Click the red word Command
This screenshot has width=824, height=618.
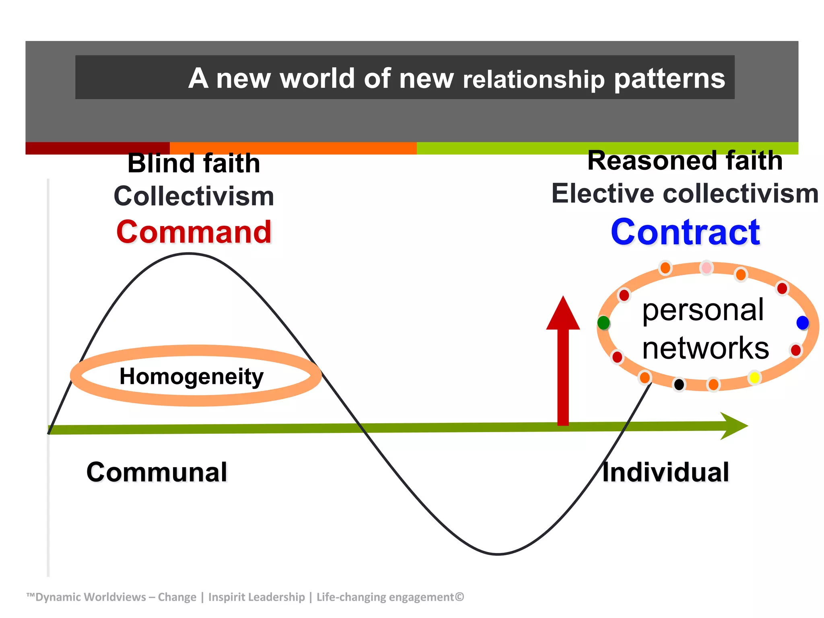pyautogui.click(x=194, y=232)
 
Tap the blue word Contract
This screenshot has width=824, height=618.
pyautogui.click(x=685, y=232)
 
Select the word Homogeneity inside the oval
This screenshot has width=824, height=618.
pyautogui.click(x=192, y=377)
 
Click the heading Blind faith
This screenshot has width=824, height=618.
pyautogui.click(x=194, y=163)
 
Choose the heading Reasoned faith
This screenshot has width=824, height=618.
pyautogui.click(x=685, y=161)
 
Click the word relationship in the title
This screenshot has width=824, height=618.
pyautogui.click(x=534, y=79)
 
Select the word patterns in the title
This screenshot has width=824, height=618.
pyautogui.click(x=669, y=78)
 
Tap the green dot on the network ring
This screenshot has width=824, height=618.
pyautogui.click(x=604, y=322)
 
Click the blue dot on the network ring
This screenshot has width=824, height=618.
pyautogui.click(x=802, y=322)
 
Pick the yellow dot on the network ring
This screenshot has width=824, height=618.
pyautogui.click(x=754, y=378)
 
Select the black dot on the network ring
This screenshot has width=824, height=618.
pyautogui.click(x=679, y=385)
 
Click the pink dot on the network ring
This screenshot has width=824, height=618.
pyautogui.click(x=706, y=268)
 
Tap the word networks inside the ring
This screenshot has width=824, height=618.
pyautogui.click(x=705, y=348)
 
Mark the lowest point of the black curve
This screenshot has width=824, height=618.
pyautogui.click(x=498, y=554)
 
